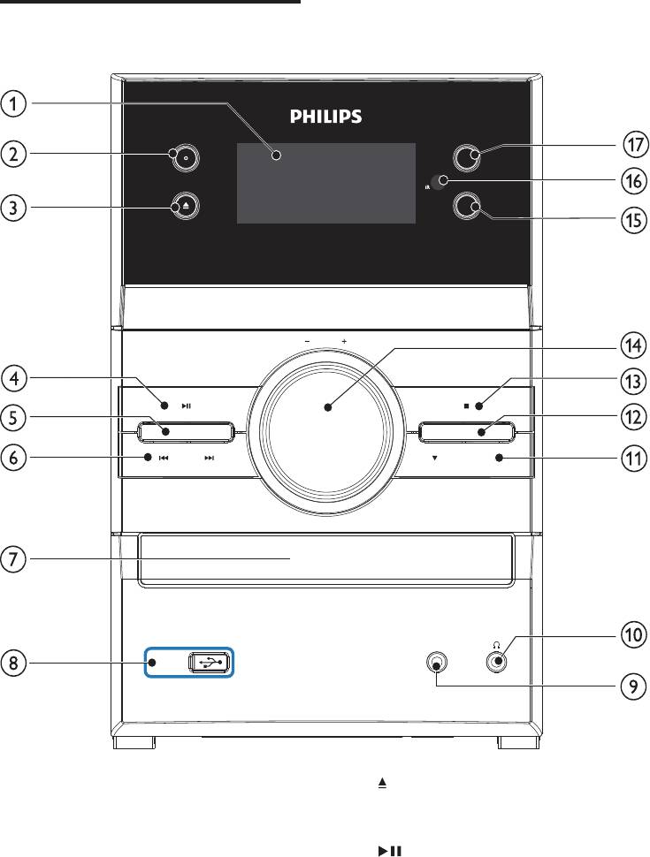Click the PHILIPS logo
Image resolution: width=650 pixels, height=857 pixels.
coord(325,116)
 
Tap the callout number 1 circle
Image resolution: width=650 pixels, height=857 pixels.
coord(13,104)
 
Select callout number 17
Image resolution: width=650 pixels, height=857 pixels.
coord(635,145)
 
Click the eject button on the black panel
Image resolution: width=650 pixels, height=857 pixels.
coord(185,206)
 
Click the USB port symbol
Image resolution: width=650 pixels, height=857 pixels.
coord(210,663)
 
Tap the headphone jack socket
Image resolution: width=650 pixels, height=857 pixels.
coord(496,662)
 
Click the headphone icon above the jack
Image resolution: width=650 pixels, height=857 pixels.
coord(496,645)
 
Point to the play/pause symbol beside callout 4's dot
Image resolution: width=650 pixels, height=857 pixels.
coord(186,406)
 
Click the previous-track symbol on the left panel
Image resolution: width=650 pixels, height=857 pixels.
coord(163,458)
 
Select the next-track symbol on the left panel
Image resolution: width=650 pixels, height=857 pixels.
coord(209,458)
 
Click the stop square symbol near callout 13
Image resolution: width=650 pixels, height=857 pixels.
coord(466,406)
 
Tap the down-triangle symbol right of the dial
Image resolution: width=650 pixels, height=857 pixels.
coord(434,458)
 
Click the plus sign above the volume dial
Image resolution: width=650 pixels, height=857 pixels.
coord(344,342)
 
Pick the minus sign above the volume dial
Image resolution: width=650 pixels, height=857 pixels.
coord(308,342)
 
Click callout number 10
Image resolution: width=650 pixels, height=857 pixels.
coord(633,634)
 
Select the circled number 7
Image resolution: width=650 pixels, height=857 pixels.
coord(13,559)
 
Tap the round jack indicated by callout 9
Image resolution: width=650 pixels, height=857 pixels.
coord(436,663)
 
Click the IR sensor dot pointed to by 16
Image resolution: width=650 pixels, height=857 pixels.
coord(438,182)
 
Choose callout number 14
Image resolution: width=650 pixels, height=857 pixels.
coord(633,345)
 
